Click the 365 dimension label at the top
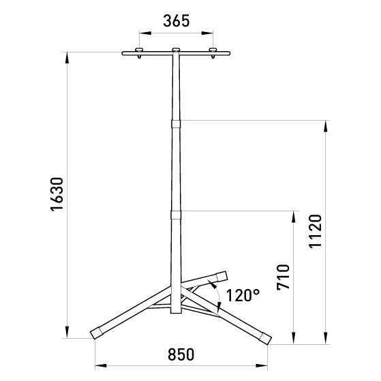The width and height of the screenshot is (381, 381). click(176, 20)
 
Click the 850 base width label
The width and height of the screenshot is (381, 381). click(181, 355)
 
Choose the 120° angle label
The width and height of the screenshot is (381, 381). click(243, 296)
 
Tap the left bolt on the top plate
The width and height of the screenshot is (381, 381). click(139, 52)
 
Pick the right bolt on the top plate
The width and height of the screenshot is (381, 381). click(213, 52)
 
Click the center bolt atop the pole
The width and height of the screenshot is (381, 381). click(176, 50)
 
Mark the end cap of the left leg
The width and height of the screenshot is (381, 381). click(96, 333)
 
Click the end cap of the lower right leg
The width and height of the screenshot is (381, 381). click(264, 337)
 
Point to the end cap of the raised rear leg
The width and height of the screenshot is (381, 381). click(221, 276)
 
